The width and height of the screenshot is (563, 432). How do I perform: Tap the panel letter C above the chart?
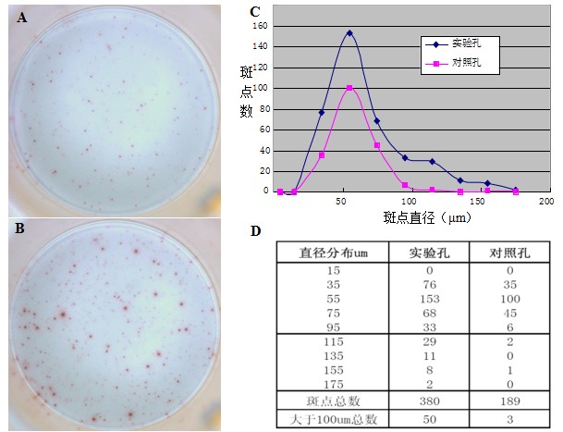[x=255, y=11]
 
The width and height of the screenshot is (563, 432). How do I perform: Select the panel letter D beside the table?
[x=255, y=230]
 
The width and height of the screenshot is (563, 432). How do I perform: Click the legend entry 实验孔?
[x=465, y=43]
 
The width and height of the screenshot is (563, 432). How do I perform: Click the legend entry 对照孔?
[x=465, y=63]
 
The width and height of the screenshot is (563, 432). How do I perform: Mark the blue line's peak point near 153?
[x=349, y=33]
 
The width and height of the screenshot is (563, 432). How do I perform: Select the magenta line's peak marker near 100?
[x=349, y=88]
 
